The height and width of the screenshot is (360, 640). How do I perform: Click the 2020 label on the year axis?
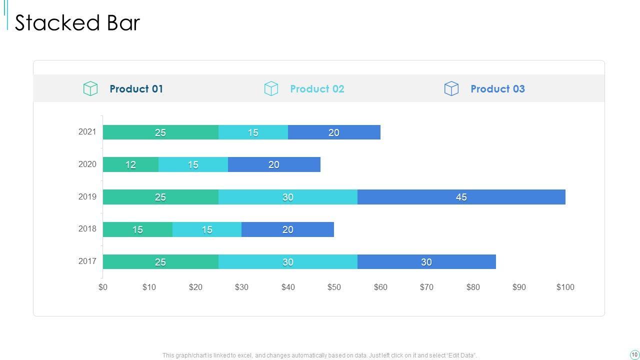87,164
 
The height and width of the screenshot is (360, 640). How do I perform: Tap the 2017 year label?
87,261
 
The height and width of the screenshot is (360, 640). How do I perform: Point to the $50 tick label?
334,287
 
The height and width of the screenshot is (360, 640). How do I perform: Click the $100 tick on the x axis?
565,287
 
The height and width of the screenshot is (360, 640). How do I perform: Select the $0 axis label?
103,287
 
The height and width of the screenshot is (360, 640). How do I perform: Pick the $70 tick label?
426,287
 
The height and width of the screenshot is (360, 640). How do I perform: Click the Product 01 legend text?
136,89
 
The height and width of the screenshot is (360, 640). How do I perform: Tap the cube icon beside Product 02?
271,88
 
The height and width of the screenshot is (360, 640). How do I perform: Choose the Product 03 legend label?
497,89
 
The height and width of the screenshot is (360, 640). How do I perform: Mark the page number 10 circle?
634,354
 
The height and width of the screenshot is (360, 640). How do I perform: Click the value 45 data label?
461,197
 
